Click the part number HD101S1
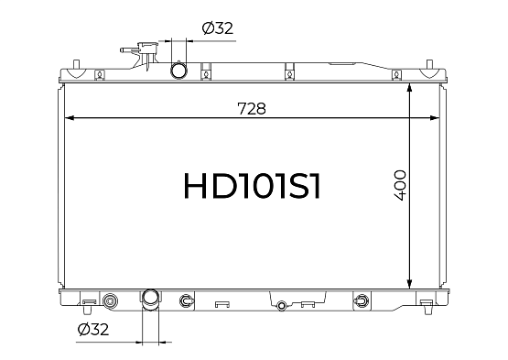pos(252,185)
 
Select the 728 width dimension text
pos(252,109)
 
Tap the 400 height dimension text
pos(400,185)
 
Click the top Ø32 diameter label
pos(218,27)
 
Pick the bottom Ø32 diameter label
pos(93,330)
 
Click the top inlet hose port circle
pos(178,71)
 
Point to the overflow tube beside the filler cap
pos(129,50)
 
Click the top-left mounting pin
pos(76,64)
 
